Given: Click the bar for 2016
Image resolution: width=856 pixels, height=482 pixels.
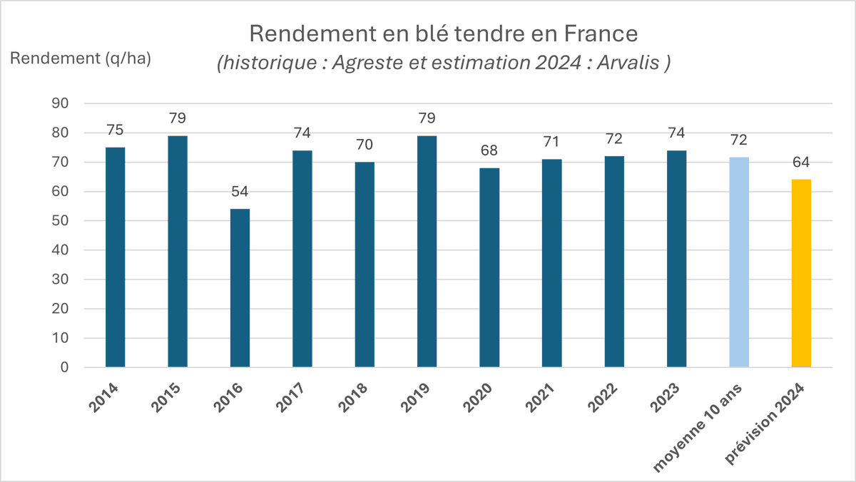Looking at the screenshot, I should click(240, 288).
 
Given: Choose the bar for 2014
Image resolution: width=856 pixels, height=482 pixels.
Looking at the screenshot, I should click(116, 257).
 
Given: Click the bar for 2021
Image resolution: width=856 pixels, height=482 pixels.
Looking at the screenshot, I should click(552, 263).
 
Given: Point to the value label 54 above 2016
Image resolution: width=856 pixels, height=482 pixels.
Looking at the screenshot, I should click(240, 193).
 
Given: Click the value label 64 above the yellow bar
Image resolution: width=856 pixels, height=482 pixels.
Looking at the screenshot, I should click(802, 163).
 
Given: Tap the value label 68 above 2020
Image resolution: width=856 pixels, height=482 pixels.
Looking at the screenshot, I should click(489, 151).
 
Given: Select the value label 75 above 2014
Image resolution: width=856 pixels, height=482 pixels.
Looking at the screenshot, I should click(116, 130).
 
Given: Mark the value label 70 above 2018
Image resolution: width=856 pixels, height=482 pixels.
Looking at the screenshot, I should click(365, 145).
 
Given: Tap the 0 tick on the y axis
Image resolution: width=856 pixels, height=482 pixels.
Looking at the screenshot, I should click(63, 368).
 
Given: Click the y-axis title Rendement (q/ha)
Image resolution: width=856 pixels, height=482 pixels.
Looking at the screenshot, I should click(80, 58).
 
